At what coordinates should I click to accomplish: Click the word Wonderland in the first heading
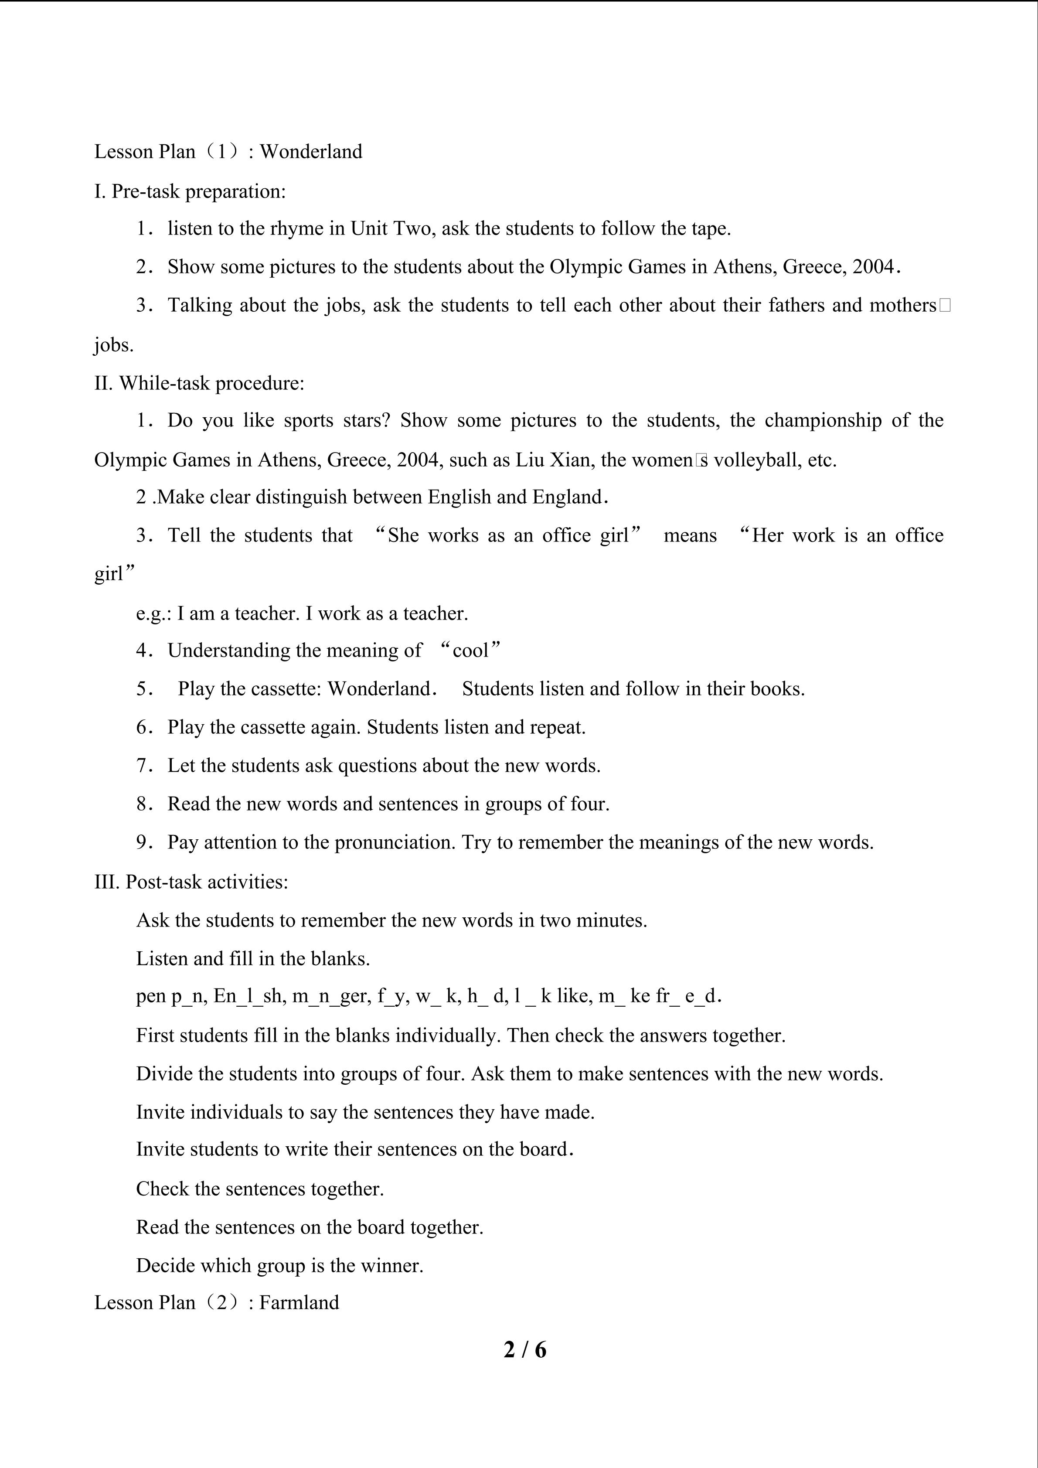[x=311, y=152]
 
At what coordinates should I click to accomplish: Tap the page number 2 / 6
[x=525, y=1350]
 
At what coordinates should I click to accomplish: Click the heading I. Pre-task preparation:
[x=190, y=191]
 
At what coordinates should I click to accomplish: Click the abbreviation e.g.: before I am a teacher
[x=153, y=613]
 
